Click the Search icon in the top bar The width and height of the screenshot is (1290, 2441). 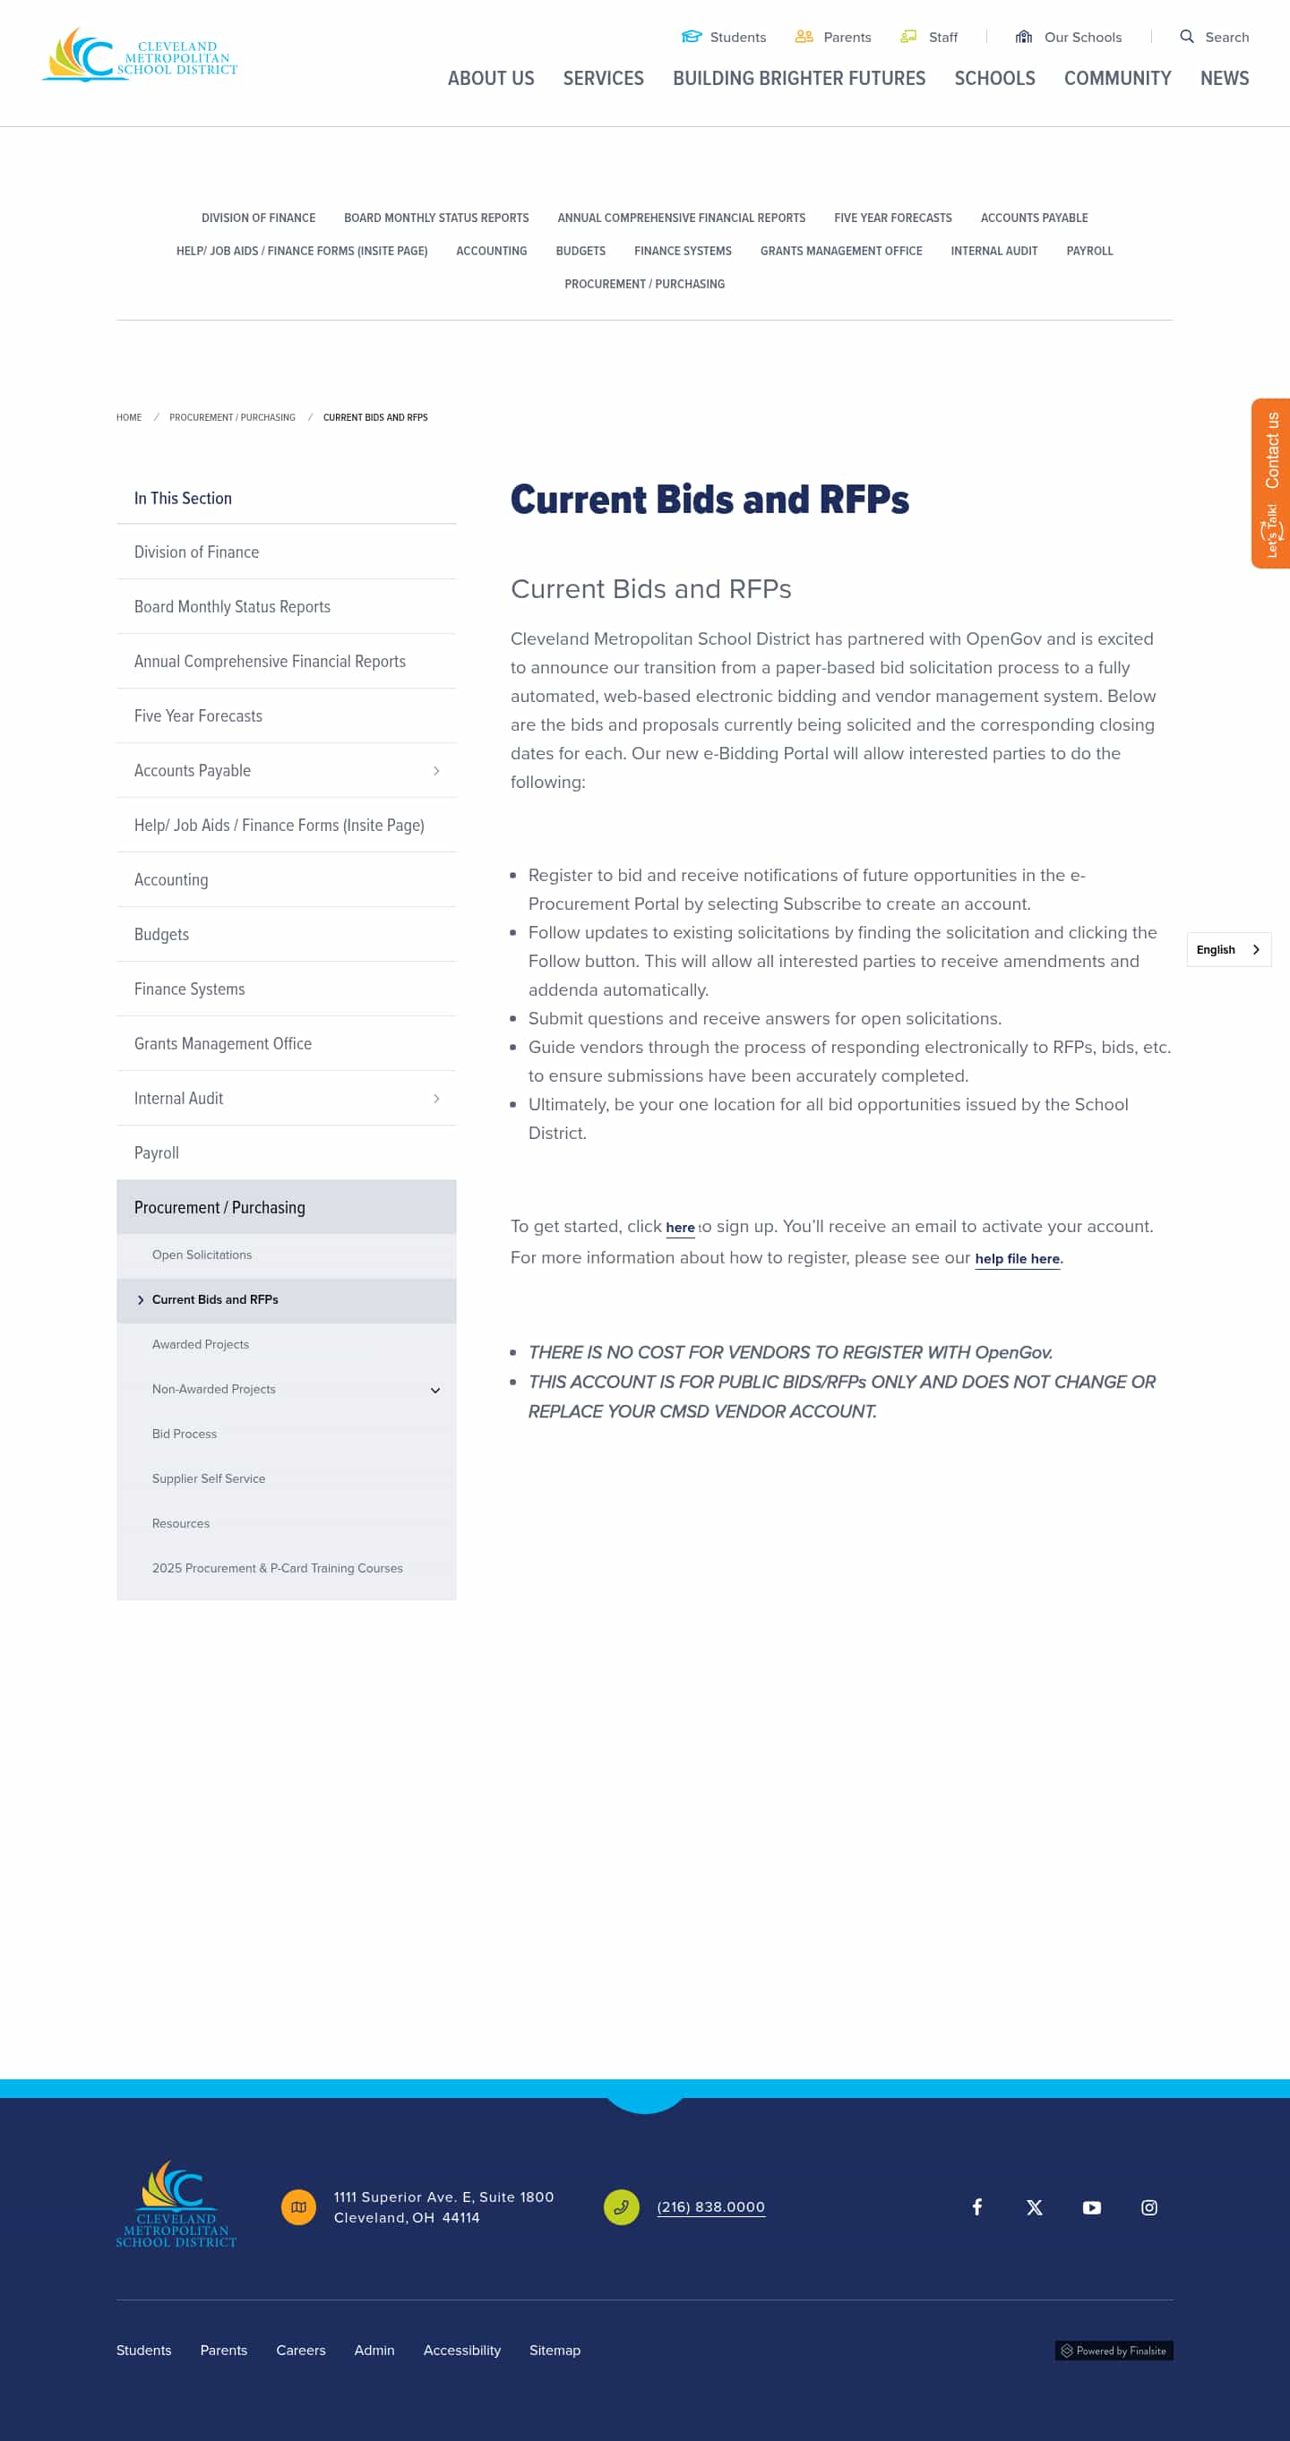[x=1186, y=37]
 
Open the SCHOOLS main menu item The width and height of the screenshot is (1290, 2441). [x=994, y=79]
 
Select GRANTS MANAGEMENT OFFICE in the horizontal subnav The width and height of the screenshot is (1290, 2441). [x=840, y=251]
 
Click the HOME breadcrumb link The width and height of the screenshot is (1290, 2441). [x=129, y=418]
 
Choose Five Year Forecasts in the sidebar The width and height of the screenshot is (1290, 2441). [x=198, y=716]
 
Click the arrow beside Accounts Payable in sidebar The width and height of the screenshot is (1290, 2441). [x=436, y=771]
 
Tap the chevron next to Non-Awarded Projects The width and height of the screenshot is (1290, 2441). [x=435, y=1390]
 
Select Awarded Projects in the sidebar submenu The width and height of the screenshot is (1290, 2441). [x=200, y=1345]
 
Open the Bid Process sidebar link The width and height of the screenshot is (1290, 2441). [x=184, y=1435]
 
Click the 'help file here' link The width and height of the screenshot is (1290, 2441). [x=1017, y=1259]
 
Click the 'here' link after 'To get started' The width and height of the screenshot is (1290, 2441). [x=680, y=1228]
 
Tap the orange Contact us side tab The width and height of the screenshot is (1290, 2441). [x=1271, y=484]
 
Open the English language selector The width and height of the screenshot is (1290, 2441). [x=1228, y=949]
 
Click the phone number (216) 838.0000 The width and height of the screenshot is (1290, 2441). [x=711, y=2207]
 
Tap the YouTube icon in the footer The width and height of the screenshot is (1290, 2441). [x=1092, y=2208]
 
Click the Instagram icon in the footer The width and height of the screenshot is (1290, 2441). [x=1148, y=2208]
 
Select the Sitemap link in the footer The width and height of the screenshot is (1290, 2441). [x=555, y=2350]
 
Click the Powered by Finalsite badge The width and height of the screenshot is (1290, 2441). [x=1114, y=2351]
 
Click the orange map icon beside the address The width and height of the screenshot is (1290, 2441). [x=298, y=2207]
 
